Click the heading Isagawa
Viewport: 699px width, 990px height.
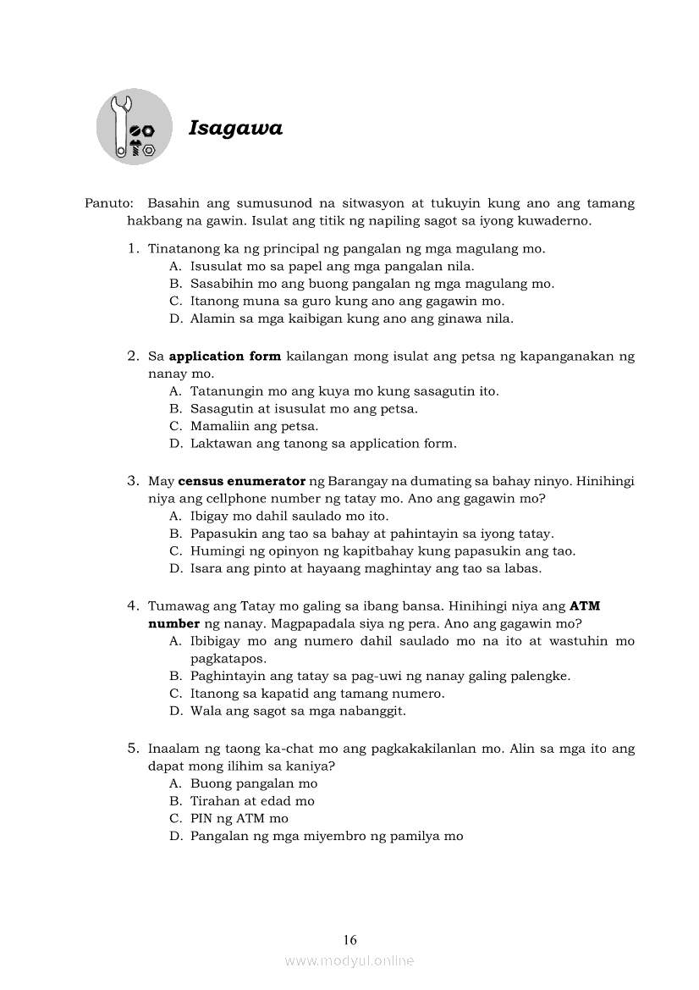click(x=235, y=128)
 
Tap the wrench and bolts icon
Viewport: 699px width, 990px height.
click(x=134, y=127)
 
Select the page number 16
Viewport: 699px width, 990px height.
click(x=350, y=939)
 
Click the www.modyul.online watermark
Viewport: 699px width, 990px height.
click(x=349, y=960)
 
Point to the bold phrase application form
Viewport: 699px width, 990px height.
click(x=225, y=357)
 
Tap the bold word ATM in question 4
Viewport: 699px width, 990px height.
click(x=585, y=606)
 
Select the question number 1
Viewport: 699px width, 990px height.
click(x=132, y=249)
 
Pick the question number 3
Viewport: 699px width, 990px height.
click(x=132, y=481)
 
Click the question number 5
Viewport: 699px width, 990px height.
click(x=132, y=748)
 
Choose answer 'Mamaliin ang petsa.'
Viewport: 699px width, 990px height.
click(x=254, y=426)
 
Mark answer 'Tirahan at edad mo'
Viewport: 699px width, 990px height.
click(x=252, y=800)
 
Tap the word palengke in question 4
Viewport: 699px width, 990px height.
click(x=542, y=676)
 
